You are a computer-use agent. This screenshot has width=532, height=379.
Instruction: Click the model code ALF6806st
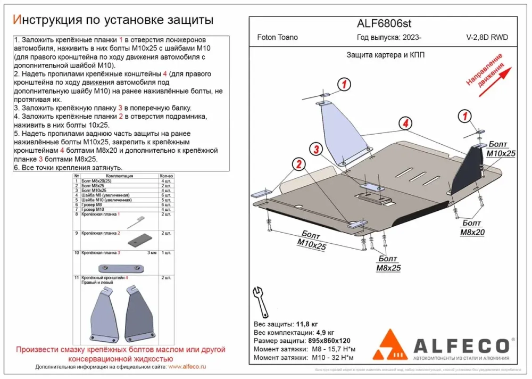pyautogui.click(x=383, y=23)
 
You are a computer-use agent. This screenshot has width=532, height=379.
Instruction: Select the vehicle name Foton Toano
pyautogui.click(x=277, y=38)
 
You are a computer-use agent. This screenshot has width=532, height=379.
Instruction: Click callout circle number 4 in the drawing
pyautogui.click(x=406, y=123)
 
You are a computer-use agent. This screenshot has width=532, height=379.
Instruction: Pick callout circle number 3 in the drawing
pyautogui.click(x=316, y=149)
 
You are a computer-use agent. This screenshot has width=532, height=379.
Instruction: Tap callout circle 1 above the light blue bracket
pyautogui.click(x=344, y=84)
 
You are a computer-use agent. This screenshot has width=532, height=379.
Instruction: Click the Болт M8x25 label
pyautogui.click(x=388, y=263)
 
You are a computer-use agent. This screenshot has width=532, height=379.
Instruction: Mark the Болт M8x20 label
pyautogui.click(x=472, y=228)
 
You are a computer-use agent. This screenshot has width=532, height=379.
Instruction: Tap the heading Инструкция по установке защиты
pyautogui.click(x=113, y=20)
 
